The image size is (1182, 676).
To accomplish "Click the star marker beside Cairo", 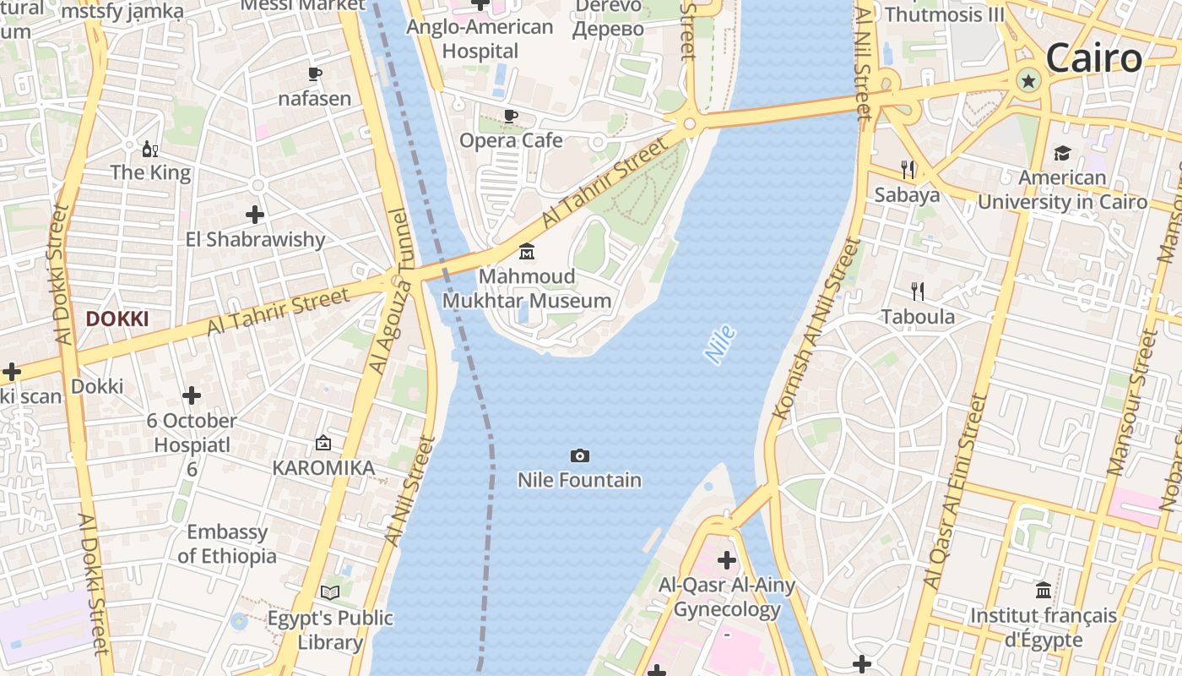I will [1028, 81].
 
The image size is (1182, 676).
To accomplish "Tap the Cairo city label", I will [1093, 58].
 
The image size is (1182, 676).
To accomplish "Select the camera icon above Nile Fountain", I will [579, 456].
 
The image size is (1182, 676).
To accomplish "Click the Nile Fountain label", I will [579, 480].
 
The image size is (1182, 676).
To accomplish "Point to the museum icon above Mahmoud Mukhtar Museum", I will [527, 252].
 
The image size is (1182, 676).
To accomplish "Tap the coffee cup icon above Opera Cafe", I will [510, 116].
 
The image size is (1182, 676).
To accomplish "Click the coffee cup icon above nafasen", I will [315, 74].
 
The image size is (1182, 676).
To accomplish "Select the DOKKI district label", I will [117, 319].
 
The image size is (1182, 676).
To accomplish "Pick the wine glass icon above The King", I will [150, 150].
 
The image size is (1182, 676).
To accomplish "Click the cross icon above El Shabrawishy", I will [255, 215].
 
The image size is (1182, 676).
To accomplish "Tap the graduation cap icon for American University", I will [1062, 153].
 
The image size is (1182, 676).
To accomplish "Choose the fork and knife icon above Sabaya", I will [908, 170].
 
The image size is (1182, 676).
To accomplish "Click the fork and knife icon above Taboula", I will [918, 292].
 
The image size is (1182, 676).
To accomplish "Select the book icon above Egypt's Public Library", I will [330, 593].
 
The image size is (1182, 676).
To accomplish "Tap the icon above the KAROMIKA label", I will [323, 443].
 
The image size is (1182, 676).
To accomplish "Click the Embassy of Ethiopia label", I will [227, 544].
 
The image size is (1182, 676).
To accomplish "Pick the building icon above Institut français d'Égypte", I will [1044, 590].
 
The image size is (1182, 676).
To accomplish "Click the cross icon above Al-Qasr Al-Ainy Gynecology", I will [727, 559].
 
